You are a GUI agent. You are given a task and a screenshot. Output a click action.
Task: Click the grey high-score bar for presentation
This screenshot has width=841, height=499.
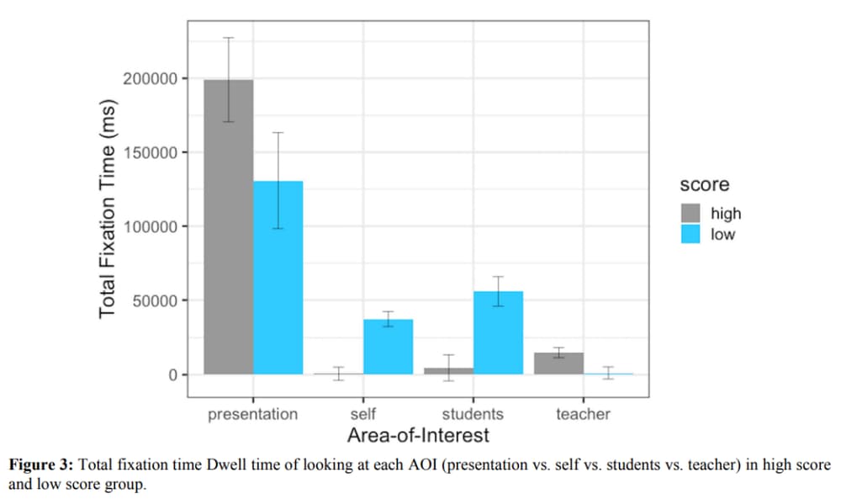click(x=228, y=227)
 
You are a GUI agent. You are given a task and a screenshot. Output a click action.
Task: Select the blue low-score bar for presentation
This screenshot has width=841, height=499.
click(x=278, y=278)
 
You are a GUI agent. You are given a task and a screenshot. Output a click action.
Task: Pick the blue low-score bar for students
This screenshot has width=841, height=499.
click(x=498, y=332)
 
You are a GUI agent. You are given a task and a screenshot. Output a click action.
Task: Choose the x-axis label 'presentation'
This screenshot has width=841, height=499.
click(x=252, y=414)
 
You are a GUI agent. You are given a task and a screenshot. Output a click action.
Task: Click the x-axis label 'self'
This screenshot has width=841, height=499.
click(x=362, y=414)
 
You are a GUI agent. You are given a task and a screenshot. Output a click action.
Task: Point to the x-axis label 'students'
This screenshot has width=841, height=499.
click(x=473, y=414)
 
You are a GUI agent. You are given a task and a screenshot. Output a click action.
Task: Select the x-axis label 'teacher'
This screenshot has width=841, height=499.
click(x=583, y=414)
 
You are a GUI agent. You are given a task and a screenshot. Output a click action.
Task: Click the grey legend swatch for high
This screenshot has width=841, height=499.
click(x=690, y=214)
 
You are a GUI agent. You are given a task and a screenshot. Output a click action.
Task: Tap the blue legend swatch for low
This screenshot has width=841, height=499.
click(x=690, y=234)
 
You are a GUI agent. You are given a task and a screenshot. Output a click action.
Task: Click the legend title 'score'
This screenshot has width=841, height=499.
click(x=705, y=184)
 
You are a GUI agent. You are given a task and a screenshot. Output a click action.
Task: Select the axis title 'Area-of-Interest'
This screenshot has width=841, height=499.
click(x=418, y=436)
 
